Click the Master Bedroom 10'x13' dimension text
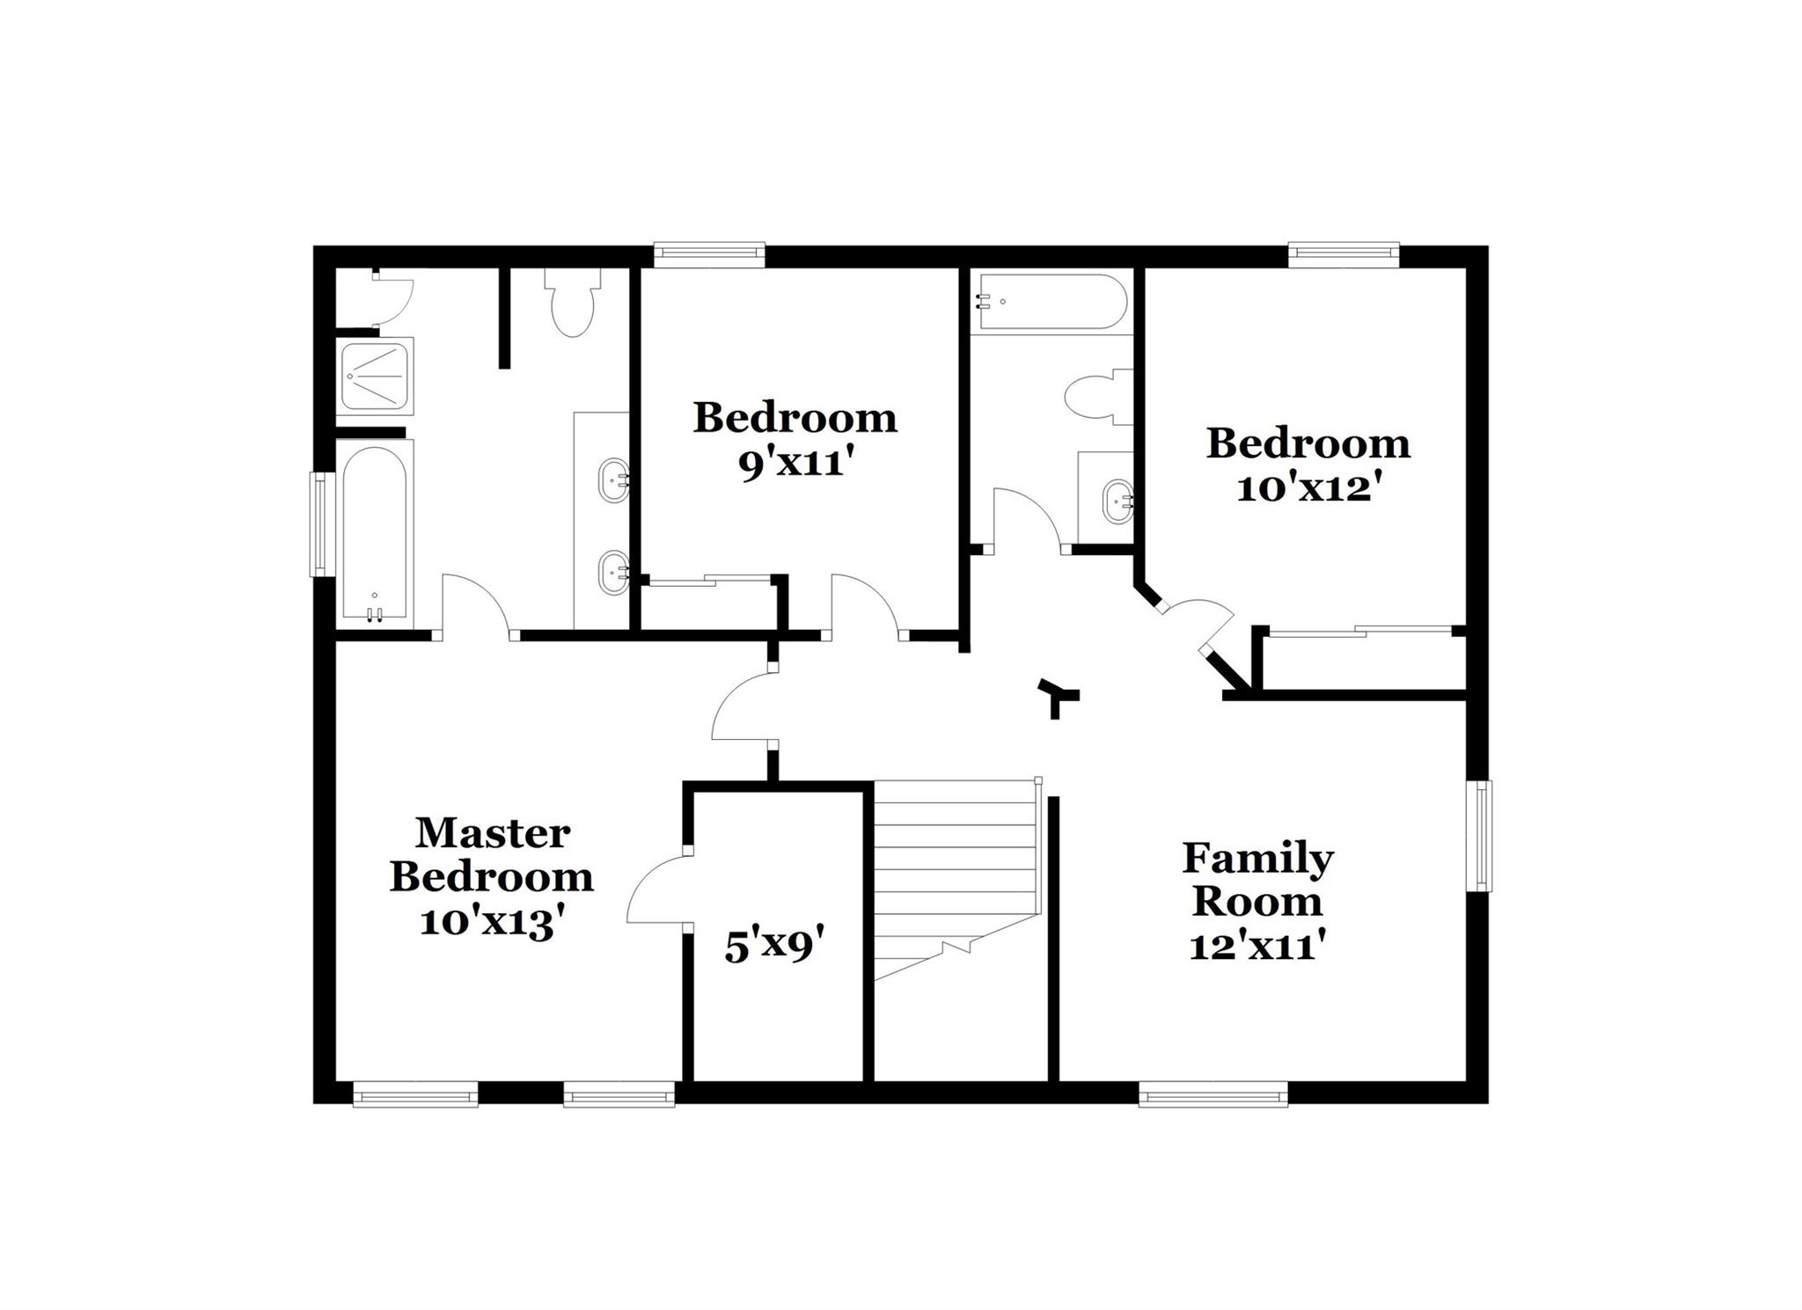pyautogui.click(x=491, y=923)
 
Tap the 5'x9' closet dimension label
pyautogui.click(x=773, y=947)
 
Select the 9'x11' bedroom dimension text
pyautogui.click(x=795, y=464)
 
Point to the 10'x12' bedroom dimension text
pyautogui.click(x=1306, y=489)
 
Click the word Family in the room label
pyautogui.click(x=1257, y=858)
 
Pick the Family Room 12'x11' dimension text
pyautogui.click(x=1256, y=948)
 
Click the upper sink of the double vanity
pyautogui.click(x=612, y=480)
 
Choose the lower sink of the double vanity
pyautogui.click(x=612, y=573)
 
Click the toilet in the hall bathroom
pyautogui.click(x=1095, y=398)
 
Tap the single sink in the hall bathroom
pyautogui.click(x=1117, y=501)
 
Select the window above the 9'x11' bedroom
pyautogui.click(x=709, y=255)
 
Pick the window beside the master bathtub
pyautogui.click(x=322, y=524)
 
